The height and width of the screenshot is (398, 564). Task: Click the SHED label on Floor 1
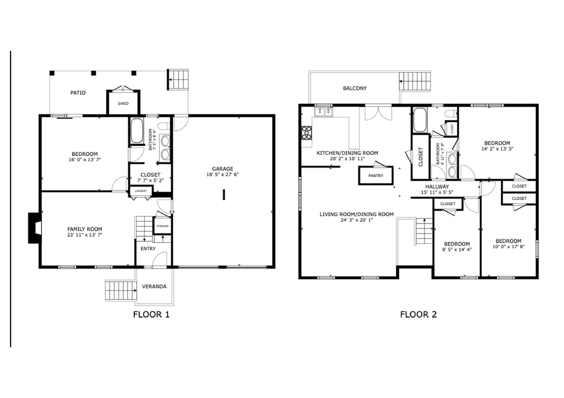pyautogui.click(x=123, y=103)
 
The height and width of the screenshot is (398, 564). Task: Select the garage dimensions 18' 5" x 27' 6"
pyautogui.click(x=223, y=175)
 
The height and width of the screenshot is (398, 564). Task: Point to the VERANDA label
pyautogui.click(x=154, y=287)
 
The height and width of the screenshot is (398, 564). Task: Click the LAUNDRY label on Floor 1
pyautogui.click(x=141, y=191)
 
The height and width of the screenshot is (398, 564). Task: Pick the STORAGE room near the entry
pyautogui.click(x=162, y=226)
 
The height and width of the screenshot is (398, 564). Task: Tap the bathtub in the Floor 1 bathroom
pyautogui.click(x=137, y=130)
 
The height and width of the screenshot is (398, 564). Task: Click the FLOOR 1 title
pyautogui.click(x=151, y=314)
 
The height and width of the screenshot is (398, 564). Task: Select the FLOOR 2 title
pyautogui.click(x=418, y=314)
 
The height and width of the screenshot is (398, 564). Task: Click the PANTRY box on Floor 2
pyautogui.click(x=376, y=176)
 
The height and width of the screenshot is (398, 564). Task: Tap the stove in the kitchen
pyautogui.click(x=307, y=133)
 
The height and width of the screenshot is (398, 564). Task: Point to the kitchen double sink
pyautogui.click(x=324, y=112)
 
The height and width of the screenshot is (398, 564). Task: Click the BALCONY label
pyautogui.click(x=355, y=88)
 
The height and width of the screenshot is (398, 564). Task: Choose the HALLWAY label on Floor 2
pyautogui.click(x=437, y=186)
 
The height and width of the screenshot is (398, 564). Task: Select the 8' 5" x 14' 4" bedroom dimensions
pyautogui.click(x=457, y=250)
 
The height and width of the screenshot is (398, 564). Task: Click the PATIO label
pyautogui.click(x=78, y=93)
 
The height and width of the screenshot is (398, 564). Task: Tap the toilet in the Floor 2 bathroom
pyautogui.click(x=451, y=113)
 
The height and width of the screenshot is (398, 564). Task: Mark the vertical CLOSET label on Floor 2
pyautogui.click(x=421, y=157)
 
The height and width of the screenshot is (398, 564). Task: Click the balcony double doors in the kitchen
pyautogui.click(x=378, y=113)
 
